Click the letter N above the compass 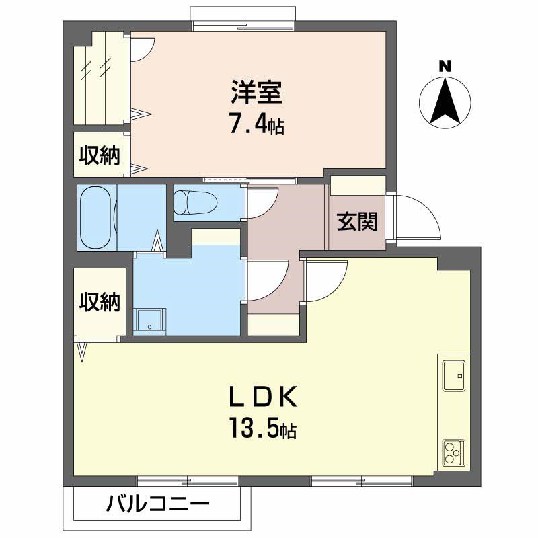(x=445, y=66)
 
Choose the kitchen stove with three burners (x=453, y=454)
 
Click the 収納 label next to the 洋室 (x=100, y=155)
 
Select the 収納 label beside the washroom (x=100, y=302)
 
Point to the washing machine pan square (x=149, y=321)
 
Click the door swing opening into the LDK (x=326, y=279)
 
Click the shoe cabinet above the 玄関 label (x=357, y=186)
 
